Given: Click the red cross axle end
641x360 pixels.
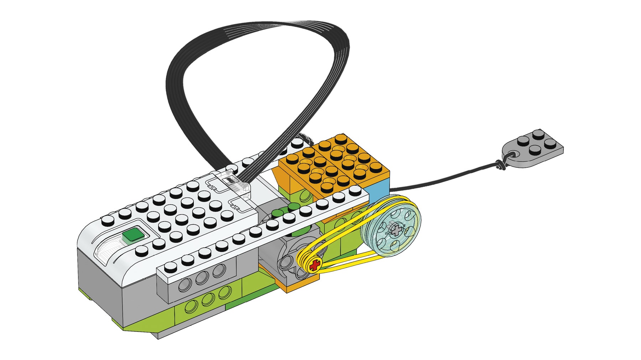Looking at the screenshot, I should pyautogui.click(x=314, y=265).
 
